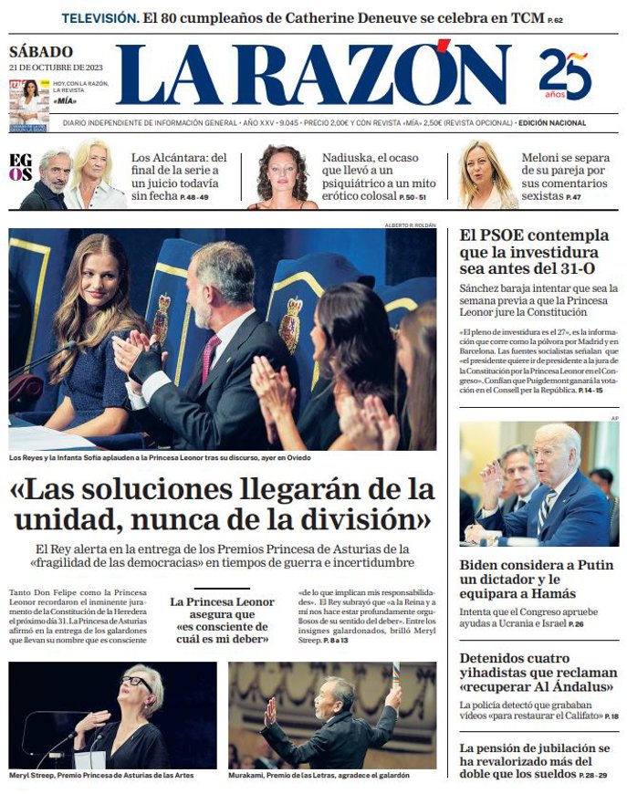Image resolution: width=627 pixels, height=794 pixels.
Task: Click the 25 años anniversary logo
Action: (565, 74)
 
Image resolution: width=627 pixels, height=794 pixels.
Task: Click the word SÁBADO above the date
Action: (41, 52)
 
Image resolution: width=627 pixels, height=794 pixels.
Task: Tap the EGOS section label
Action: (20, 167)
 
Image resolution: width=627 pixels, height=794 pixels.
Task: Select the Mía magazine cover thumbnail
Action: (28, 104)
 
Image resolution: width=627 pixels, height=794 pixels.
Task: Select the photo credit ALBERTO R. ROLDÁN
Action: (410, 225)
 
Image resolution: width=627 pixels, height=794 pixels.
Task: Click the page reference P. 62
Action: (555, 20)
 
